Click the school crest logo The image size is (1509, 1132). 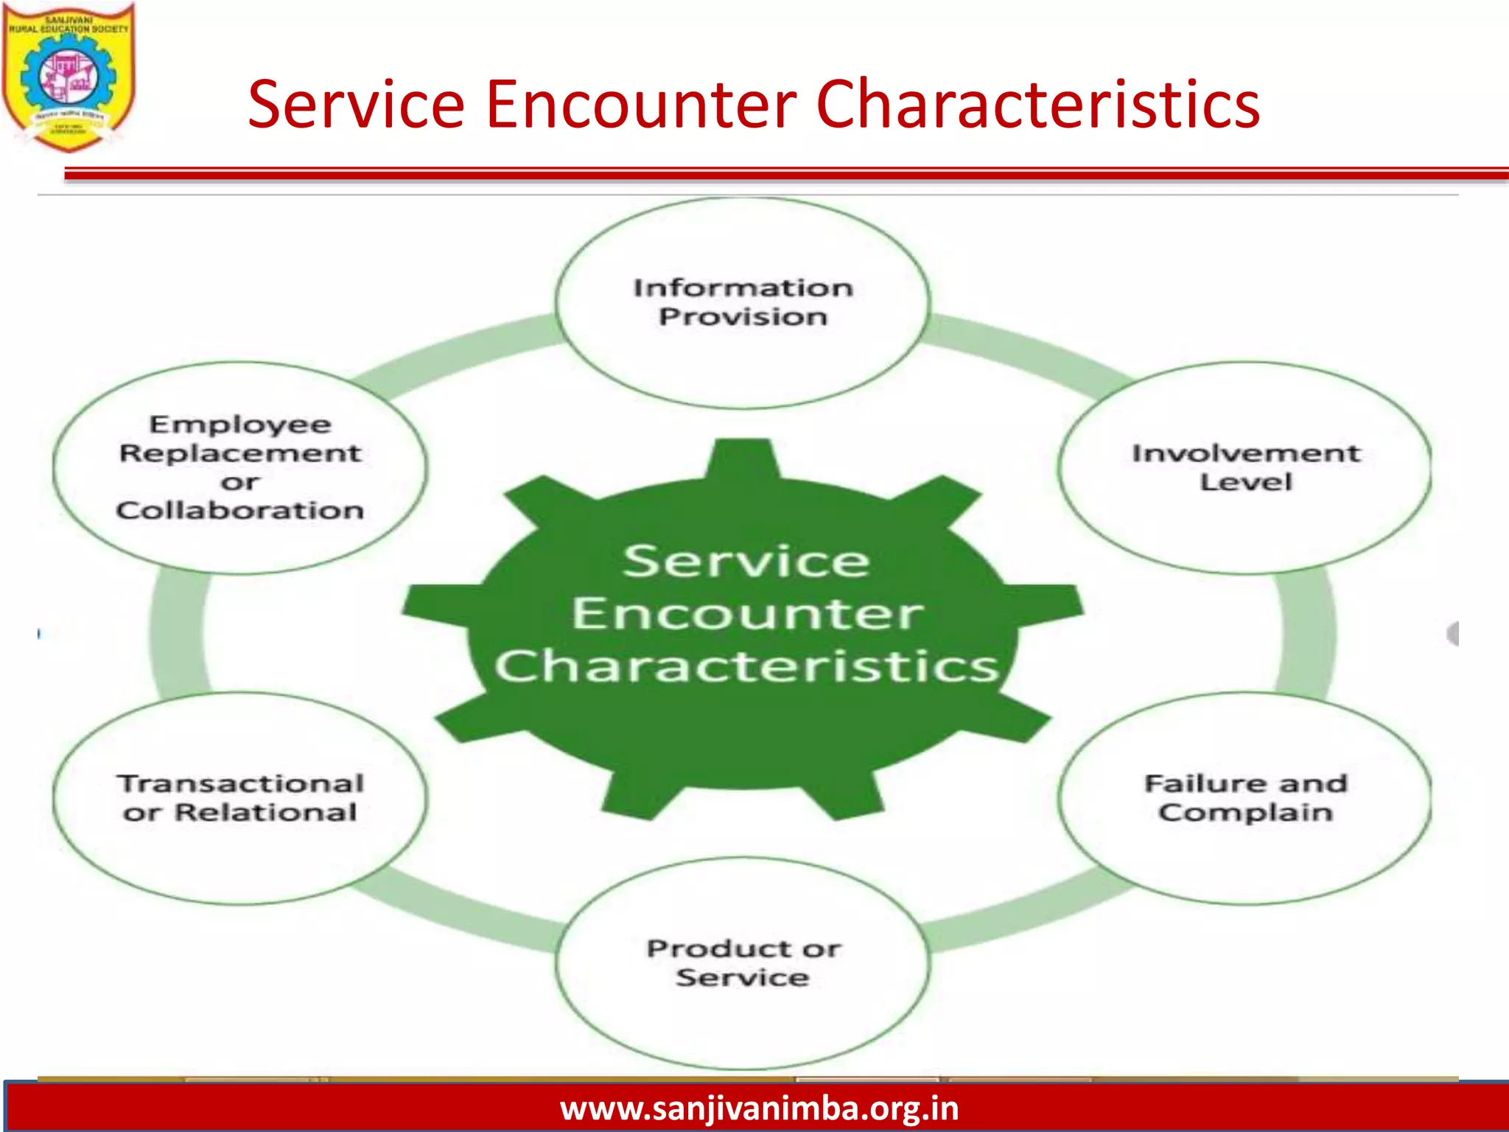(69, 77)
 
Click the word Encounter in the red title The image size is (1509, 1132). (640, 105)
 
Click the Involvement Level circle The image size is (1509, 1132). (1245, 467)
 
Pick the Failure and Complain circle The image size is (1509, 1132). (1245, 797)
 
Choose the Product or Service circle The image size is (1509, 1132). (743, 962)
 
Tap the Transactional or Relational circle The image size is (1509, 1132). (240, 797)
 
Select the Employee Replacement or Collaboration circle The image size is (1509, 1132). (240, 467)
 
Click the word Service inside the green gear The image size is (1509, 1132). (746, 562)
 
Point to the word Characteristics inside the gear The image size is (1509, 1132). (746, 666)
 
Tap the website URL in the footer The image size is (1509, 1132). (759, 1108)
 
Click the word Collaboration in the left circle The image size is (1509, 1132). (240, 510)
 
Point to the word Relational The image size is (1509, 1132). (265, 812)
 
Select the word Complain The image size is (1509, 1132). (1245, 812)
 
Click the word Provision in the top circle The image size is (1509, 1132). (743, 317)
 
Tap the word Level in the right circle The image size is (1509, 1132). (1245, 482)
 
